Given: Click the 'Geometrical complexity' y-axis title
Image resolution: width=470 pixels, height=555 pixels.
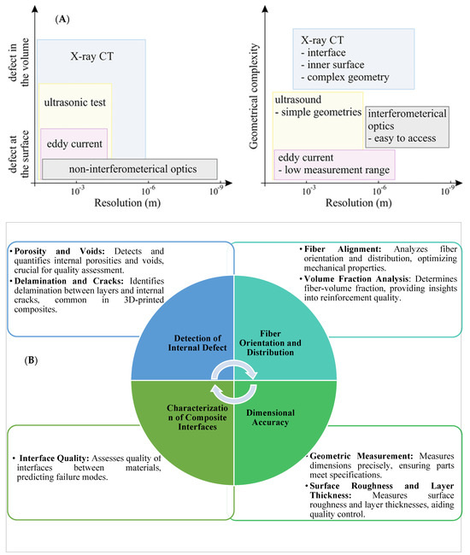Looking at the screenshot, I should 254,89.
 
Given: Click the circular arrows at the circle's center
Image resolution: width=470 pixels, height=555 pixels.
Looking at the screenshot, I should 234,377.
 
